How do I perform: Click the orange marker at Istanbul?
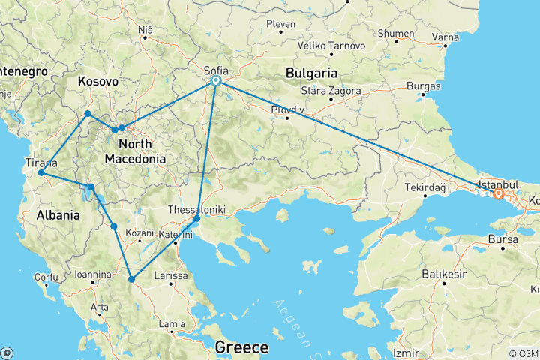[x=498, y=194]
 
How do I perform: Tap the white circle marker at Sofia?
[x=215, y=80]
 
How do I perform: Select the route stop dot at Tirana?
[x=41, y=173]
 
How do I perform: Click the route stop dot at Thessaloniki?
[x=196, y=220]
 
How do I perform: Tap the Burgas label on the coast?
[x=423, y=87]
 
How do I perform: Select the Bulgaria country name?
[x=311, y=73]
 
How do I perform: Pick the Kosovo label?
[x=97, y=80]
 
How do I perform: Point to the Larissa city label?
[x=170, y=276]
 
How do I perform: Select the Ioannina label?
[x=92, y=274]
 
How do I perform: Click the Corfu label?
[x=46, y=277]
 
